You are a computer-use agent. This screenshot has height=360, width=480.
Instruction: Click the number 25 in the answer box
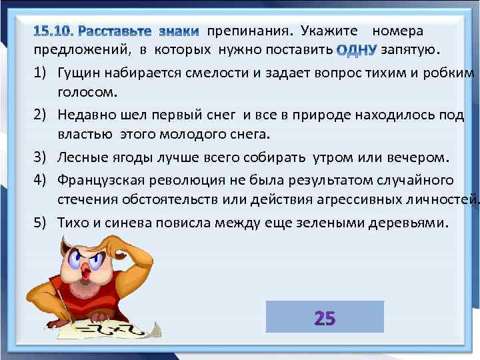point(325,318)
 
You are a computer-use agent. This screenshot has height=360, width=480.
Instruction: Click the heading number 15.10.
point(56,31)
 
